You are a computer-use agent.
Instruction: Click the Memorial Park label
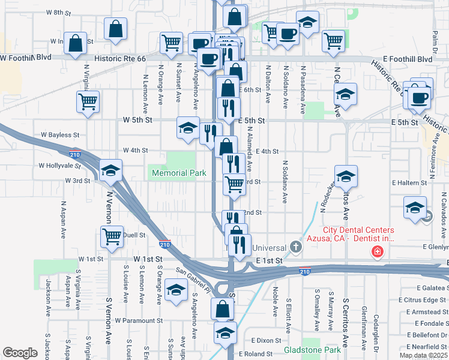179,173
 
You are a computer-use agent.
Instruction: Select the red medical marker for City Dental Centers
377,251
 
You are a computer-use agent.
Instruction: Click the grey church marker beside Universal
295,247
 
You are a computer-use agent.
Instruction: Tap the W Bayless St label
60,136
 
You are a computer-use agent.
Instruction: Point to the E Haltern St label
409,182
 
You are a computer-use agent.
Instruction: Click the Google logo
20,353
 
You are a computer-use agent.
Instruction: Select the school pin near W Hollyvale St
111,171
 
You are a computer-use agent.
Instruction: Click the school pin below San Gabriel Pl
175,290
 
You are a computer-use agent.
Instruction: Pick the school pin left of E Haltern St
346,176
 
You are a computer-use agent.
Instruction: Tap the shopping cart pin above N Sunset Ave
171,43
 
